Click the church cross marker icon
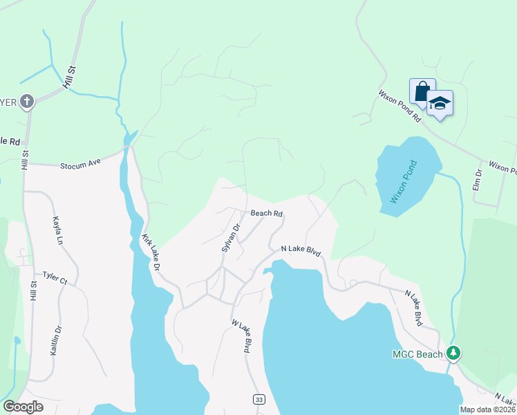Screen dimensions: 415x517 (27, 102)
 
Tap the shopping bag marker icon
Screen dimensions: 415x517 (422, 91)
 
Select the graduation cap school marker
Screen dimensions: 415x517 (440, 104)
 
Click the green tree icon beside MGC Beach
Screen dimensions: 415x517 (453, 354)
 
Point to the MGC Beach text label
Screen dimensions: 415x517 (417, 355)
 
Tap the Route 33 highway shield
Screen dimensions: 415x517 (258, 400)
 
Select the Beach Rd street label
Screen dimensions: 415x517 (267, 214)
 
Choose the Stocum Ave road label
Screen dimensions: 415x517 (80, 165)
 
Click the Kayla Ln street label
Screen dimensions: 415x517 (57, 230)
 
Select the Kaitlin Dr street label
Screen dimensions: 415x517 (56, 340)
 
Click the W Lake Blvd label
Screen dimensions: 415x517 (241, 336)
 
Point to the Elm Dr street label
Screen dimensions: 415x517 (477, 180)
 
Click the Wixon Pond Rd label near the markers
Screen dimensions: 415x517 (399, 105)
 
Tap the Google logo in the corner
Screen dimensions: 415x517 (23, 407)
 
